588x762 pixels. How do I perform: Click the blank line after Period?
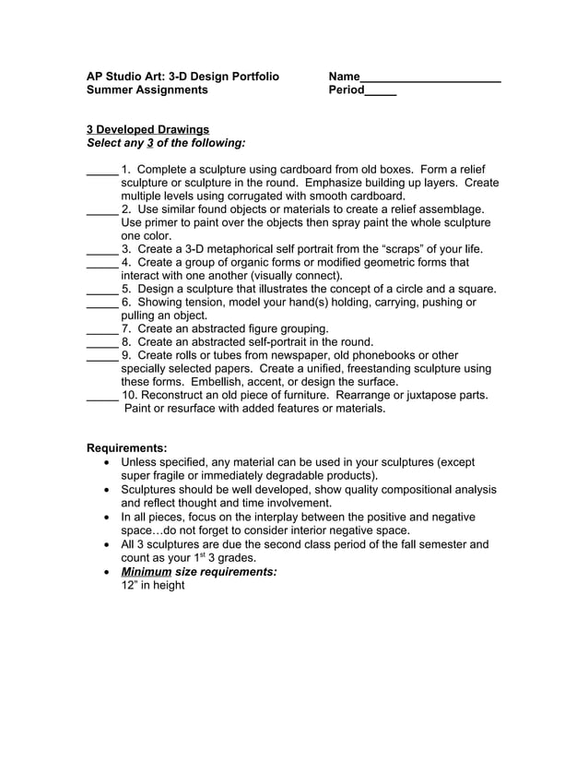(381, 91)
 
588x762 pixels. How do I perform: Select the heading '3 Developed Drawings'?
(147, 129)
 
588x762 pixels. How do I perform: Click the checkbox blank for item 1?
(101, 171)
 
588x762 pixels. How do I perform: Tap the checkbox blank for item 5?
(101, 290)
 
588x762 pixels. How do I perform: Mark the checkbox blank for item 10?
(101, 396)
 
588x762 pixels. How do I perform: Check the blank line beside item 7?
(101, 329)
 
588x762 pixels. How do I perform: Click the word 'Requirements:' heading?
(126, 448)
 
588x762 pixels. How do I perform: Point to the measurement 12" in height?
(153, 586)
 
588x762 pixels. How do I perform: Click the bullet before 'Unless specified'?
(111, 462)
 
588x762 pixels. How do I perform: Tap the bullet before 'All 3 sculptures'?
(111, 544)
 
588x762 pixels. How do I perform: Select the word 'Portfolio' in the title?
(249, 77)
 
